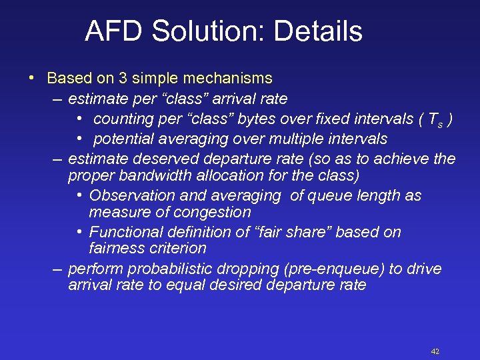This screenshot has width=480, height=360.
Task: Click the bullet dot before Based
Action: tap(32, 78)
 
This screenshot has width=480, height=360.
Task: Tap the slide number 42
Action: tap(435, 351)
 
